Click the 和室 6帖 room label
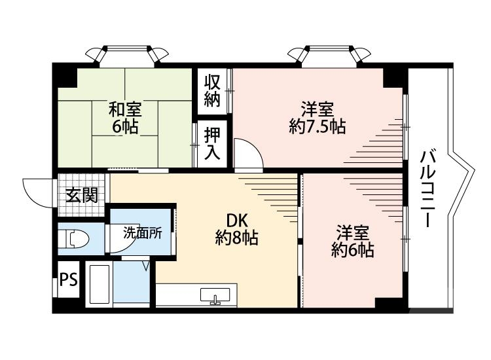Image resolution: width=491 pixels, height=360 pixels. [x=125, y=117]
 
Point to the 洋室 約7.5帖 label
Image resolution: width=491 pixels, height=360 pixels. [x=318, y=117]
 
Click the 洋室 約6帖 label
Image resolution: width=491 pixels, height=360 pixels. [x=353, y=240]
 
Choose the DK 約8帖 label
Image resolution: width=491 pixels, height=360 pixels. [x=236, y=228]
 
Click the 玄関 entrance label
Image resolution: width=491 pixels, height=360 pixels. [x=81, y=195]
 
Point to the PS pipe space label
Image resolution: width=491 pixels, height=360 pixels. [x=68, y=280]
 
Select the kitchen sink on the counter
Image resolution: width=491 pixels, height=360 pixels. [x=214, y=296]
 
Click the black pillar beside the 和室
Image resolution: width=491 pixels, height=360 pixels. [x=65, y=75]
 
